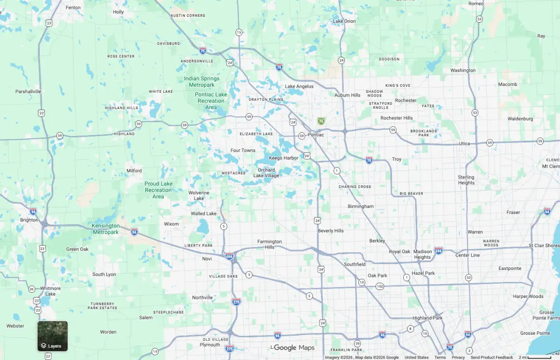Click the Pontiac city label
pos(315,135)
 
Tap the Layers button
pos(52,336)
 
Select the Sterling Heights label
pos(466,180)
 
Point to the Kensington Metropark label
pos(106,229)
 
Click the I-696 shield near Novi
pos(229,256)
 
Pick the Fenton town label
pos(73,7)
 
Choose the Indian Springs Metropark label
pos(202,82)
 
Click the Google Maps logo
pos(294,348)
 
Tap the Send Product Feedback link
pos(491,357)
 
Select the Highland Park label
pos(427,318)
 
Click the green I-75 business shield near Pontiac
pos(321,121)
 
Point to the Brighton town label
pos(29,220)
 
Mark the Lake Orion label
pos(344,21)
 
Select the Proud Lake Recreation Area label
pos(158,190)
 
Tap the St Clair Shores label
pos(544,245)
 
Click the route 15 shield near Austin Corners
pos(239,32)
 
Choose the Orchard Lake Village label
pos(266,173)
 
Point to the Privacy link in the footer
pos(458,357)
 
